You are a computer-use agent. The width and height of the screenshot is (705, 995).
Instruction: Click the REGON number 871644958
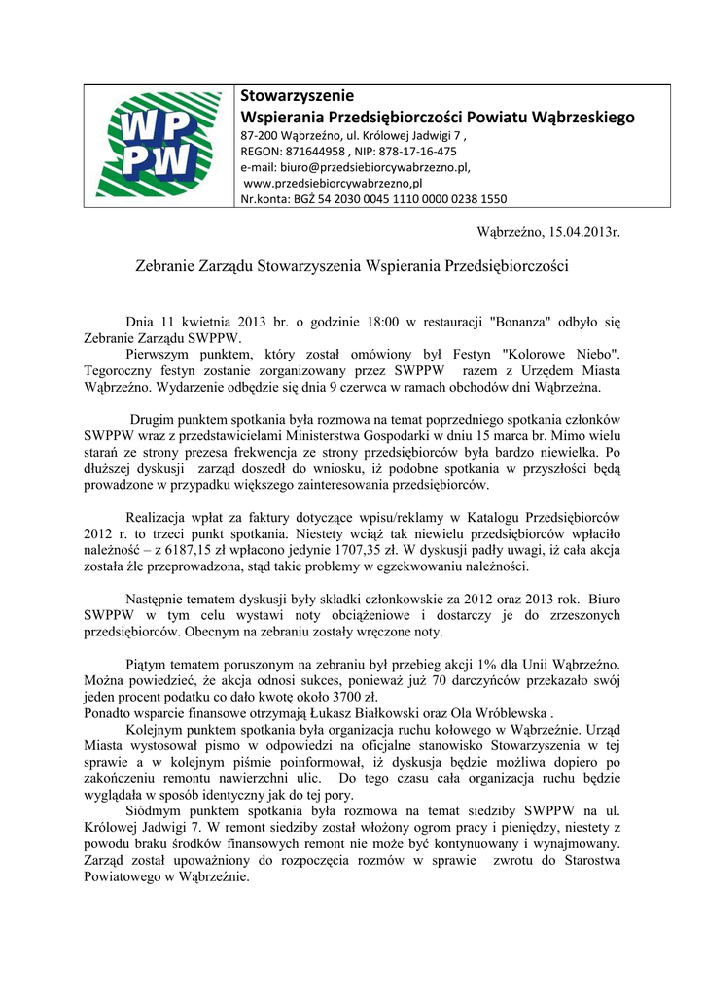(315, 152)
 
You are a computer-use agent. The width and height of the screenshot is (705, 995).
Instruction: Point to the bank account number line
(373, 199)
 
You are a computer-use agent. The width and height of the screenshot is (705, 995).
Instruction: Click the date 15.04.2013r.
(583, 234)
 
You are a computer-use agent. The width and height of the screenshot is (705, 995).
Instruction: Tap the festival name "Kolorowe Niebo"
(571, 355)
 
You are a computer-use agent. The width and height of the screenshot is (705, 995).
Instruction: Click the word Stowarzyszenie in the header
(297, 96)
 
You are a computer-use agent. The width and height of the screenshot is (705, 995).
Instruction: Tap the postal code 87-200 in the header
(261, 136)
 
